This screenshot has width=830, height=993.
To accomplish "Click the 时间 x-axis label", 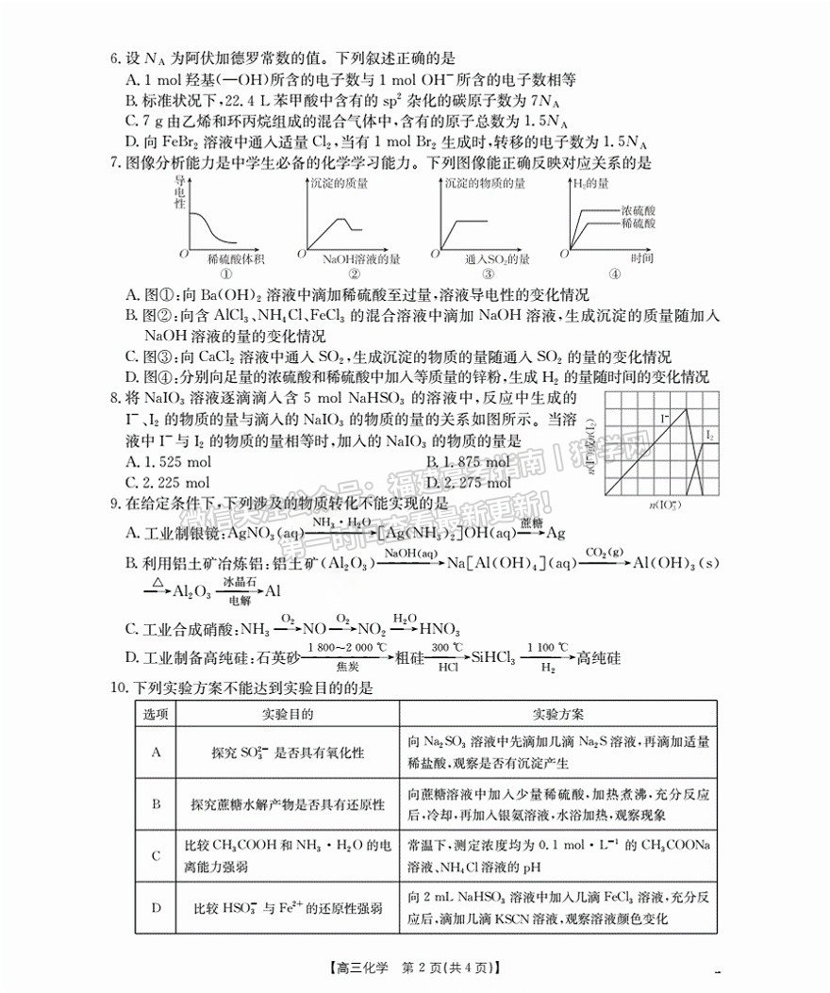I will [x=645, y=258].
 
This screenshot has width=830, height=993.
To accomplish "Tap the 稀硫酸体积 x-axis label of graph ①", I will [x=229, y=258].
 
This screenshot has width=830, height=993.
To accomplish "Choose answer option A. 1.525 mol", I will [x=169, y=461].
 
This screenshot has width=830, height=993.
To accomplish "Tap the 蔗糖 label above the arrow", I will [x=532, y=521].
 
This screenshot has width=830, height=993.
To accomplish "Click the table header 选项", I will [x=156, y=714].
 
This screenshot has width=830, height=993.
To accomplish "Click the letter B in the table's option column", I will [x=156, y=803].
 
